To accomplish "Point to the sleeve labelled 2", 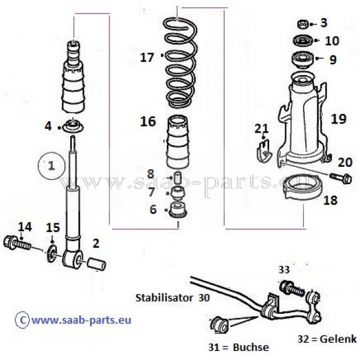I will pyautogui.click(x=97, y=263).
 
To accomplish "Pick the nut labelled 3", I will pyautogui.click(x=304, y=24).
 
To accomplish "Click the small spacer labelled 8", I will pyautogui.click(x=177, y=179).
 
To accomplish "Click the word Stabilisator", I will pyautogui.click(x=161, y=297).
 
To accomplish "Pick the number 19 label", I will pyautogui.click(x=338, y=119).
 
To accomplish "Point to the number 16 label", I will pyautogui.click(x=148, y=122).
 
